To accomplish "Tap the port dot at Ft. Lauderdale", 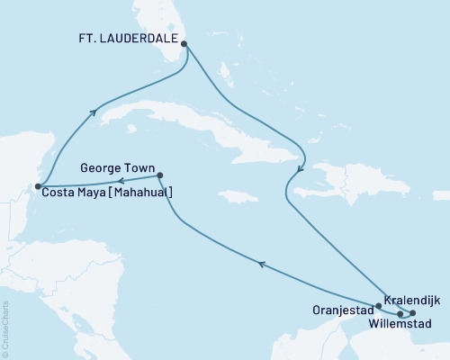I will [184, 42].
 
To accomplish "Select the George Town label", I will [116, 167].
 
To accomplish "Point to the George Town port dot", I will [159, 175].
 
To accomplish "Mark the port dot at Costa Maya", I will [37, 187].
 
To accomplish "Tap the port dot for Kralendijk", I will [413, 313].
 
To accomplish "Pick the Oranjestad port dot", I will [379, 306].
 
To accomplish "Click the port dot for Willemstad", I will [400, 314].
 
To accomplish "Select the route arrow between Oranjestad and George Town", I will [261, 264].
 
